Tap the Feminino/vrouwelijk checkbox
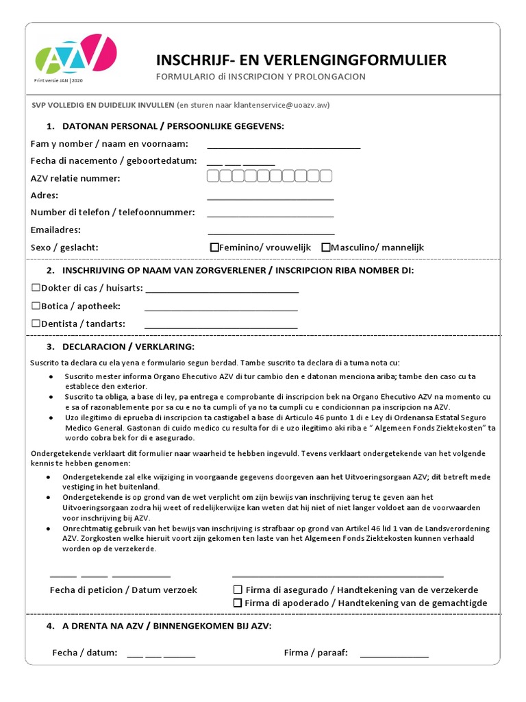pyautogui.click(x=214, y=247)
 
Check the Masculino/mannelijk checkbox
pyautogui.click(x=325, y=247)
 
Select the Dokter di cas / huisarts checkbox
pyautogui.click(x=36, y=288)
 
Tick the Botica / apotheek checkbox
pyautogui.click(x=36, y=306)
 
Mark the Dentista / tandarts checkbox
pyautogui.click(x=36, y=324)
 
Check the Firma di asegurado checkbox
pyautogui.click(x=238, y=590)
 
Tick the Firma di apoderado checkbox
pyautogui.click(x=238, y=603)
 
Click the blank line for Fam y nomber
pyautogui.click(x=284, y=147)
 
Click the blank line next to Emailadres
pyautogui.click(x=271, y=233)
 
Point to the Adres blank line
pyautogui.click(x=270, y=199)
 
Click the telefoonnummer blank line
pyautogui.click(x=270, y=216)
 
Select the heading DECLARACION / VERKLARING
pyautogui.click(x=128, y=346)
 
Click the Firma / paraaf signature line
pyautogui.click(x=394, y=656)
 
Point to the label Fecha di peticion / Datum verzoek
pyautogui.click(x=123, y=590)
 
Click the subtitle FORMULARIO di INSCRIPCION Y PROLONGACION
pyautogui.click(x=261, y=77)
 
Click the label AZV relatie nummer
pyautogui.click(x=75, y=178)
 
